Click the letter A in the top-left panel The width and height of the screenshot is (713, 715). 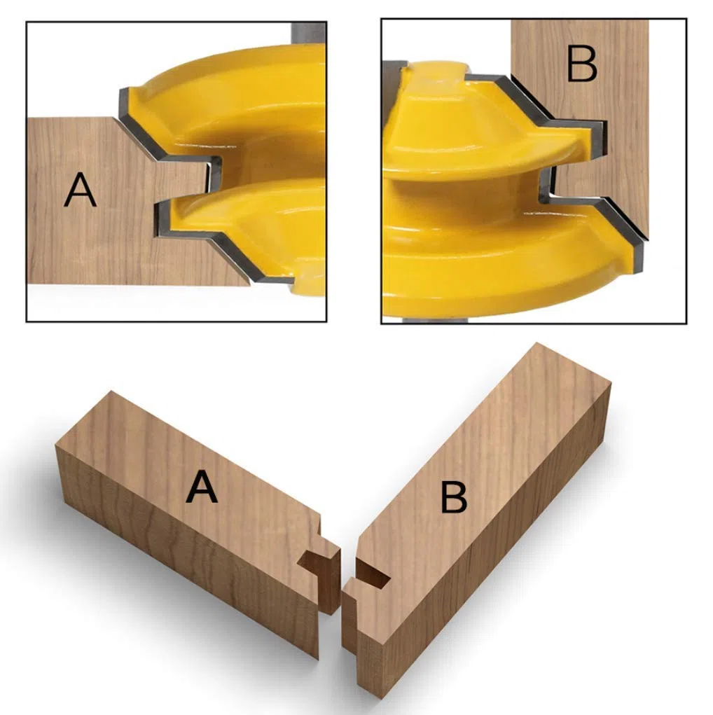point(81,190)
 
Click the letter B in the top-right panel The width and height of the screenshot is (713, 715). point(581,64)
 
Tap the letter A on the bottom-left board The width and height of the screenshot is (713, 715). point(202,487)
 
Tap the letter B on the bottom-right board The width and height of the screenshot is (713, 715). point(454,498)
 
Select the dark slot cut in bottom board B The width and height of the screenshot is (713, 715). point(372,572)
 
